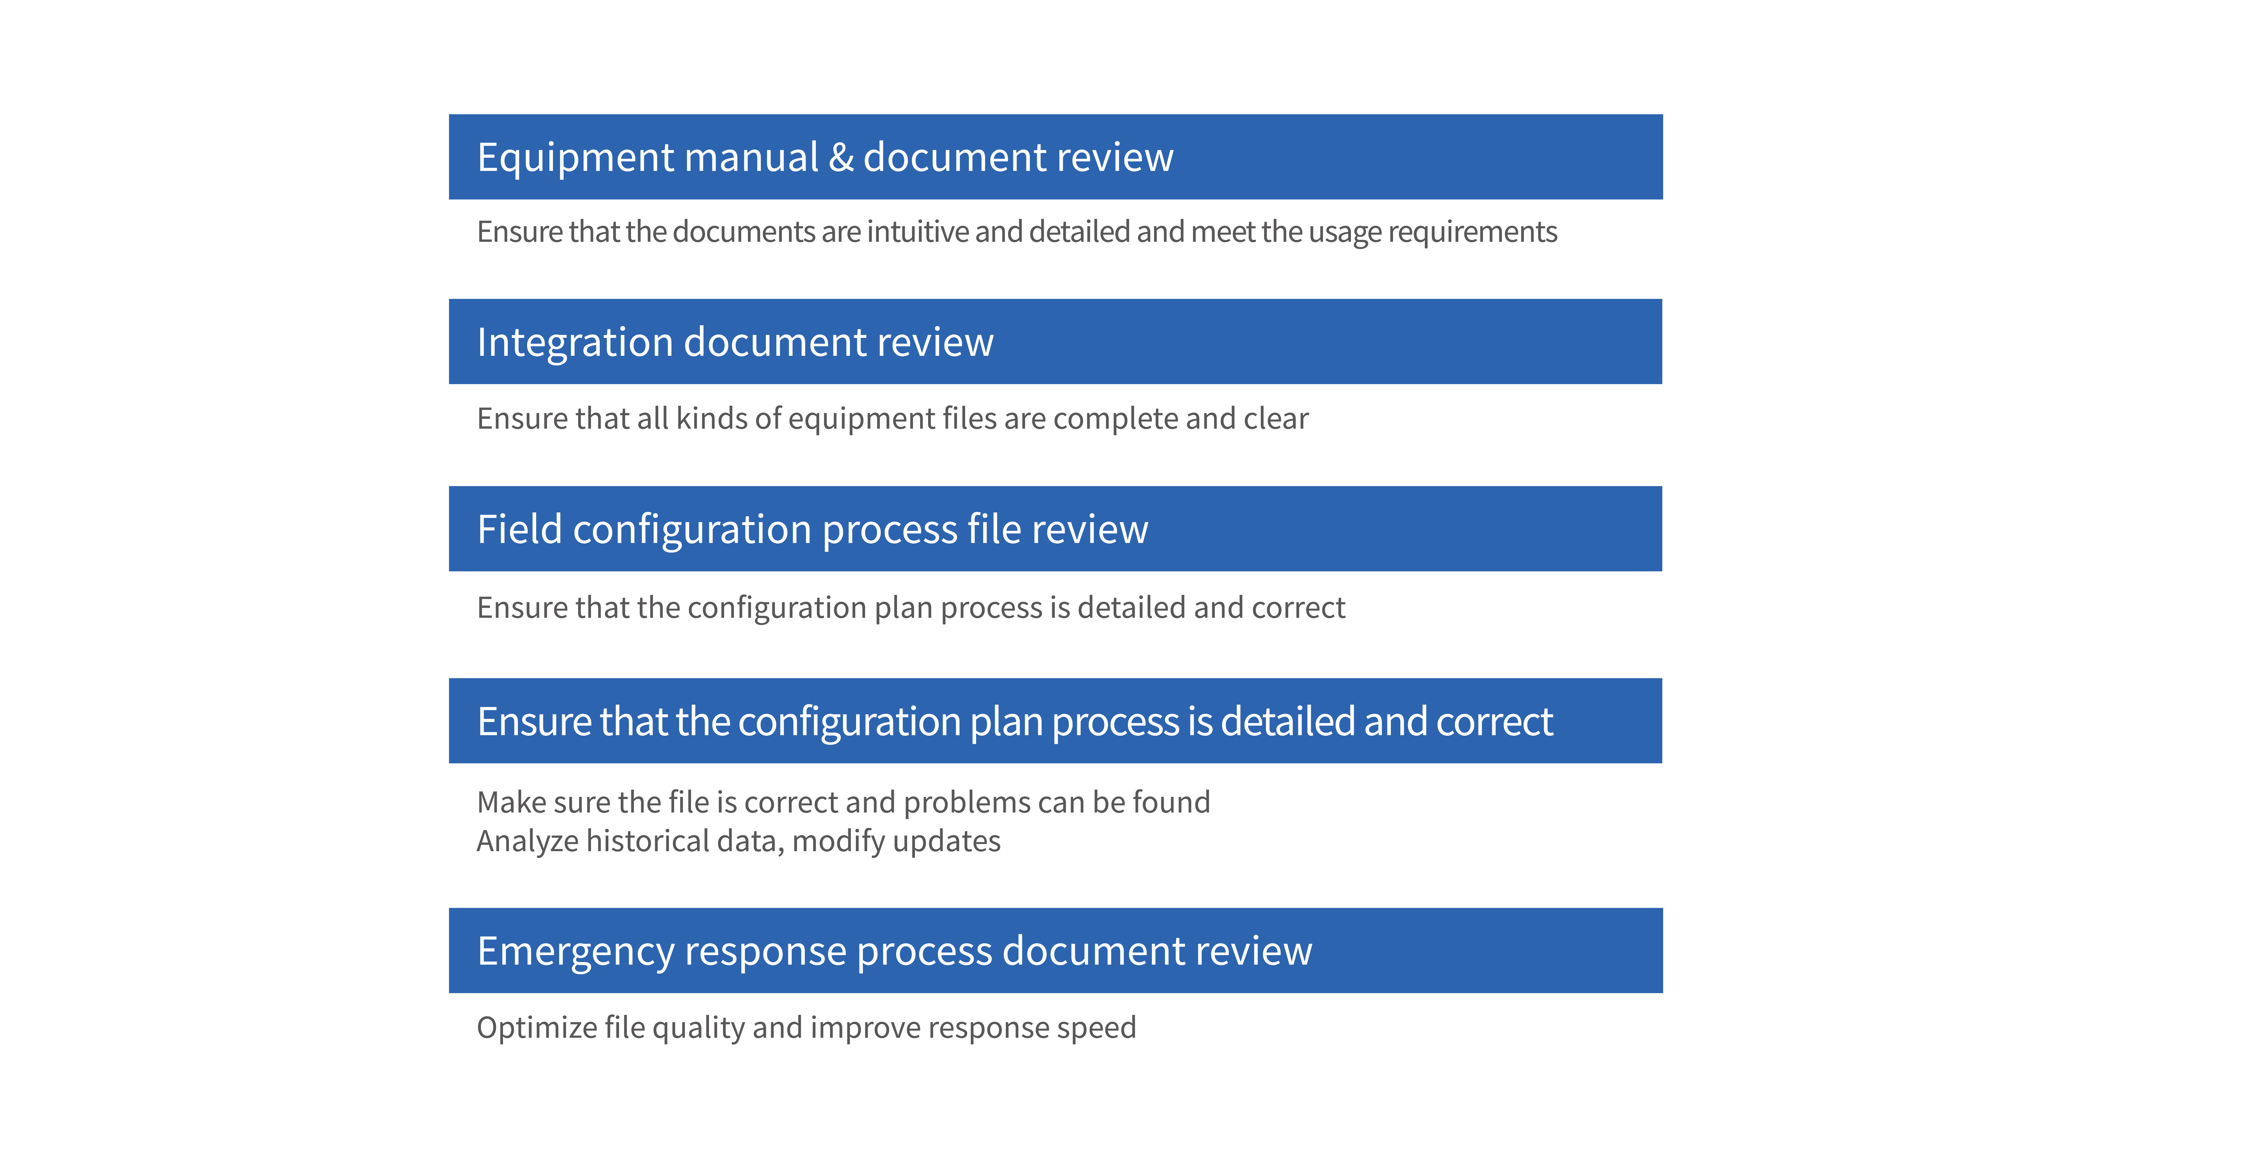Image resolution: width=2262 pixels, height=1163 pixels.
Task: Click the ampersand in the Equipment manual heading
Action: (x=841, y=158)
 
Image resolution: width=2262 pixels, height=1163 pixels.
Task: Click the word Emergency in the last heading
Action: (x=575, y=951)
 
